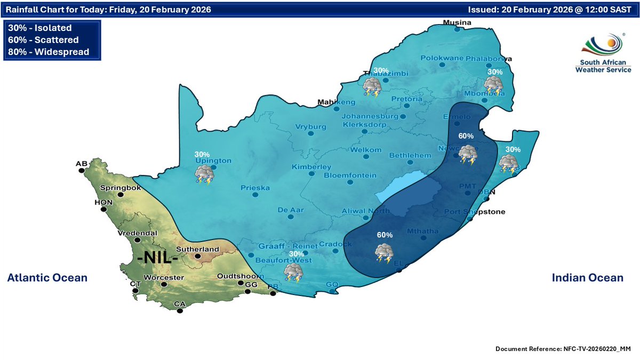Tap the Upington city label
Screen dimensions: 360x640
coord(213,160)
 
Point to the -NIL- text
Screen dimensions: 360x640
coord(157,259)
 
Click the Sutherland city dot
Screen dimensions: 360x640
coord(198,257)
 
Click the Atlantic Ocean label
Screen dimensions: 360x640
coord(47,277)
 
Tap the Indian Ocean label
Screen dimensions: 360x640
coord(587,277)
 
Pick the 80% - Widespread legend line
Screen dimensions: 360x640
coord(49,52)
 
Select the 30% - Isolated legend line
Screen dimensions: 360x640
coord(40,28)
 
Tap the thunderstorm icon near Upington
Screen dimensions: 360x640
coord(204,174)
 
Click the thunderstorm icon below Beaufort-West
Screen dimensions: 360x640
coord(293,272)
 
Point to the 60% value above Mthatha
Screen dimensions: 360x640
coord(385,235)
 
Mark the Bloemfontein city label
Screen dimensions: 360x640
coord(350,175)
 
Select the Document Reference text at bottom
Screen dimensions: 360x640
coord(563,348)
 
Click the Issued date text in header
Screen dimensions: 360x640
coord(549,10)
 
